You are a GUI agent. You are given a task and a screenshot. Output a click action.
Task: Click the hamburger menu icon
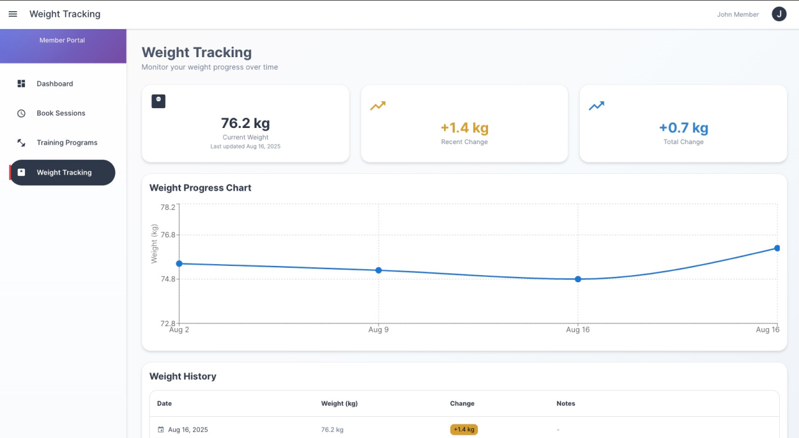[x=13, y=14]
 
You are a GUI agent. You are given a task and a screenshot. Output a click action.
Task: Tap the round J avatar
[x=779, y=14]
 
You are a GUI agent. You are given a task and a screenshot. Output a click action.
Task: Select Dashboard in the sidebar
[x=55, y=83]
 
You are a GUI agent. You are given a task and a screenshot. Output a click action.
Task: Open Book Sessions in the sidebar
[x=61, y=113]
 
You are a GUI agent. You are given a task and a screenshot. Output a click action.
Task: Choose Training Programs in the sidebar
[x=67, y=142]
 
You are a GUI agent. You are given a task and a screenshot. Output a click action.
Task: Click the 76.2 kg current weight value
[x=245, y=123]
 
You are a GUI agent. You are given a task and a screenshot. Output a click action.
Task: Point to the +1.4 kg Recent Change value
[x=464, y=128]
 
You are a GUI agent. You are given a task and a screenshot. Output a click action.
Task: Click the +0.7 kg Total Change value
[x=684, y=128]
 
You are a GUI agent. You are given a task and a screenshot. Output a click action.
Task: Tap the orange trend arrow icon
[x=377, y=106]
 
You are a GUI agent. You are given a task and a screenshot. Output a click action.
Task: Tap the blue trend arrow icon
[x=597, y=106]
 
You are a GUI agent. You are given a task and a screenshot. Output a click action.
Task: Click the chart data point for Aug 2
[x=179, y=264]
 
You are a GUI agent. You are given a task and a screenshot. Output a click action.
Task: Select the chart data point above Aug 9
[x=379, y=271]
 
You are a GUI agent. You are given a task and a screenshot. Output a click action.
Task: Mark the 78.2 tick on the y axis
[x=168, y=208]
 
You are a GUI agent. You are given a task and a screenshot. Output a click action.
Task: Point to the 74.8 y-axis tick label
[x=168, y=279]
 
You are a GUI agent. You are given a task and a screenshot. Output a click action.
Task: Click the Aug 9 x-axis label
[x=379, y=330]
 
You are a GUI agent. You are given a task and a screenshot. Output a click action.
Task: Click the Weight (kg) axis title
[x=154, y=244]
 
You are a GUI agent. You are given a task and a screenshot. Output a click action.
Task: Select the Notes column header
[x=566, y=403]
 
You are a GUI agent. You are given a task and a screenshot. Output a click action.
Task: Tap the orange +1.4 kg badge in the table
[x=464, y=429]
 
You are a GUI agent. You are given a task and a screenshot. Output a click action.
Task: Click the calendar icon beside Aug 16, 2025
[x=161, y=429]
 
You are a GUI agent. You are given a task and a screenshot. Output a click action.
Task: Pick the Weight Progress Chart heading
[x=200, y=188]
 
